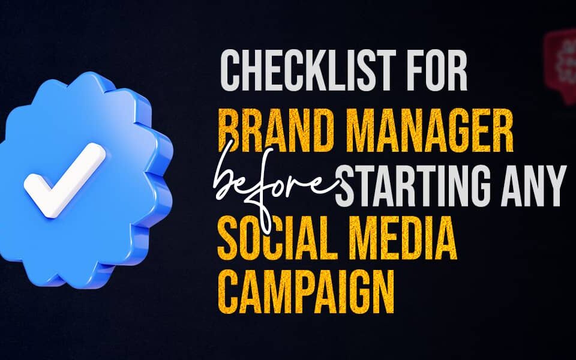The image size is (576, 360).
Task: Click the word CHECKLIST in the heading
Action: [308, 71]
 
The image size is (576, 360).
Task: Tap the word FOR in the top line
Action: [437, 71]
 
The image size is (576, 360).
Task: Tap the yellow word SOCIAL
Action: [277, 239]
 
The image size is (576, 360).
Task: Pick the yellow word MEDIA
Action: [403, 239]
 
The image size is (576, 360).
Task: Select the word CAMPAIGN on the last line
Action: [306, 292]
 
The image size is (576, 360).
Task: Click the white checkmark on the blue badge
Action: [65, 180]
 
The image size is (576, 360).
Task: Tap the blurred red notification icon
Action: [560, 66]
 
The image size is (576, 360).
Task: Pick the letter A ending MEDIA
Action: [445, 239]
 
